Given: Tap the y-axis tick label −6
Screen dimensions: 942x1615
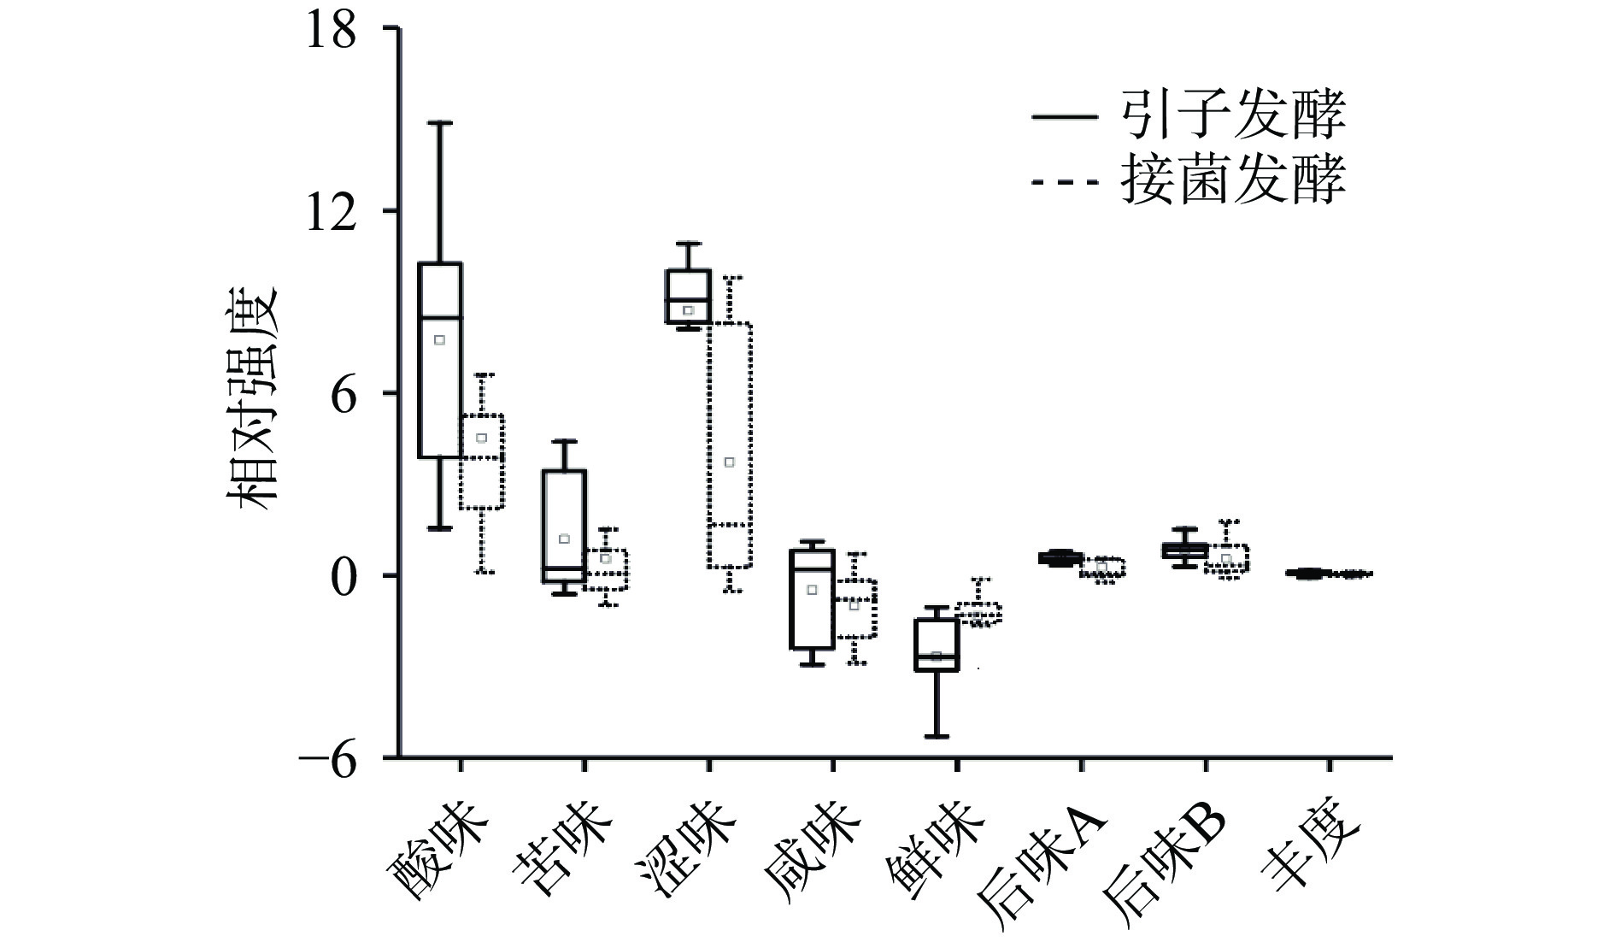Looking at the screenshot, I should pyautogui.click(x=324, y=757).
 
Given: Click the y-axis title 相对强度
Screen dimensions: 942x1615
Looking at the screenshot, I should pyautogui.click(x=253, y=397).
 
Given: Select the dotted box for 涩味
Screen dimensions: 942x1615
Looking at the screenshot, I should pyautogui.click(x=730, y=445).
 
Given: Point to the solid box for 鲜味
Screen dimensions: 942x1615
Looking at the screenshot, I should pyautogui.click(x=937, y=645).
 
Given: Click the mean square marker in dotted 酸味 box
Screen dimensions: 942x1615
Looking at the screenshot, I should pyautogui.click(x=482, y=438).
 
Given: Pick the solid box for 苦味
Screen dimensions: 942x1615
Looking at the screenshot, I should pyautogui.click(x=564, y=526).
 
